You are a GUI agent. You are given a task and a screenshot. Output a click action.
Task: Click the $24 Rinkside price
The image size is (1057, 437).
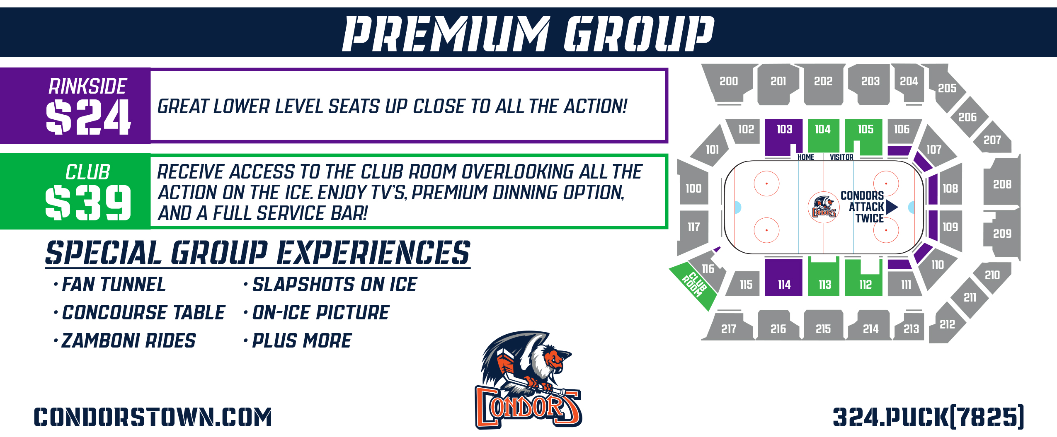(88, 117)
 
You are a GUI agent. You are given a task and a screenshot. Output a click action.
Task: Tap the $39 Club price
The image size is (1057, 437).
(88, 203)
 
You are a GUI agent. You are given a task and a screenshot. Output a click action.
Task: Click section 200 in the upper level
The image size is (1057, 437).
(729, 82)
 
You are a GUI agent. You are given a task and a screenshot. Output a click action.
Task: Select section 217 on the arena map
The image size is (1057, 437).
(729, 327)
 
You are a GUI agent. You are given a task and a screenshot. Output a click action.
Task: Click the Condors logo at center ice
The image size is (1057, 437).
(824, 207)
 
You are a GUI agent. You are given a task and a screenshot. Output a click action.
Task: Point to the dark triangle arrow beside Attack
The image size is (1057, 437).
(892, 207)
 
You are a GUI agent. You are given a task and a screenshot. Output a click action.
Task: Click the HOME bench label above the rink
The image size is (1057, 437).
(805, 157)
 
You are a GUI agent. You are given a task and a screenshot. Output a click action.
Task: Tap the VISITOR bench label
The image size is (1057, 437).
(841, 157)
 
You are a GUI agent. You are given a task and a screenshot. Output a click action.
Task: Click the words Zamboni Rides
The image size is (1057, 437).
(128, 340)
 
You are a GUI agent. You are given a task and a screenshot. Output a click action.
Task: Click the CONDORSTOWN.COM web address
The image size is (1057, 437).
(153, 417)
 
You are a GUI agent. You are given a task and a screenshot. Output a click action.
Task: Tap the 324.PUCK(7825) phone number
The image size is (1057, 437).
(929, 417)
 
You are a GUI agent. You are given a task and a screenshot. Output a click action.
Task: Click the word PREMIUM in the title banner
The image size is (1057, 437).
(446, 34)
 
